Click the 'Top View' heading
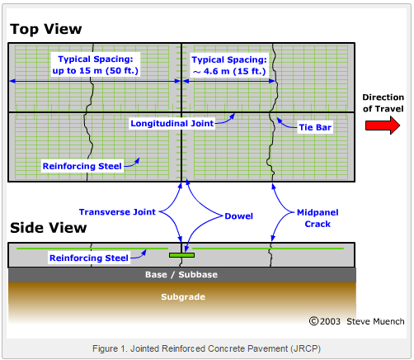pyautogui.click(x=45, y=30)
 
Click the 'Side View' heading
pyautogui.click(x=48, y=228)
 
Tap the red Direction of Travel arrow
pyautogui.click(x=383, y=125)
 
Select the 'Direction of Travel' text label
pyautogui.click(x=383, y=104)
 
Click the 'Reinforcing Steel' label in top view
pyautogui.click(x=82, y=166)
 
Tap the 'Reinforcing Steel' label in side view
pyautogui.click(x=89, y=258)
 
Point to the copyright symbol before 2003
pyautogui.click(x=313, y=320)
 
